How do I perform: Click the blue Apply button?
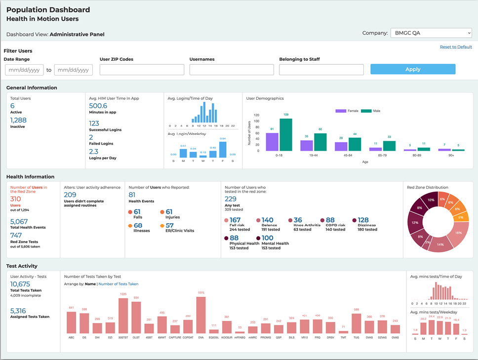click(413, 70)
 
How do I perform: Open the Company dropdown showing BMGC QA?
click(431, 33)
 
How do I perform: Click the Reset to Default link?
click(456, 47)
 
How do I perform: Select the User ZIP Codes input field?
click(142, 70)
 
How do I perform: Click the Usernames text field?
click(232, 70)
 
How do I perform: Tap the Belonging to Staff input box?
click(321, 70)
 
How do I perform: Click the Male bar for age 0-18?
click(285, 134)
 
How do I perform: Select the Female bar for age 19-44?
click(307, 145)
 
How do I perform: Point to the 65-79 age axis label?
click(382, 155)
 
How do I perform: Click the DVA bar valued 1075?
click(201, 316)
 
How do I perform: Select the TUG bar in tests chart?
click(356, 323)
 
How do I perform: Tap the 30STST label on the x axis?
click(123, 338)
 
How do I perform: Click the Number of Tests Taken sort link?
click(119, 284)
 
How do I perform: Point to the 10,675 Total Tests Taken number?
click(20, 284)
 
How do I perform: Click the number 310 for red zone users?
click(16, 199)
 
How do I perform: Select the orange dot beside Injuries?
click(162, 212)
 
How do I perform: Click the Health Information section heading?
click(30, 176)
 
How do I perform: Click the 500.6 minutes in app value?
click(98, 106)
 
